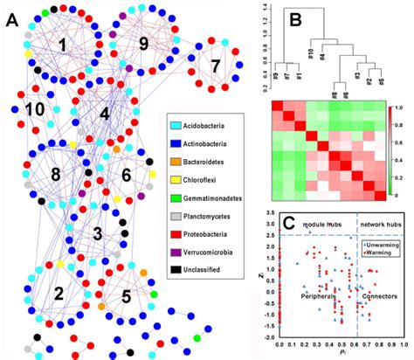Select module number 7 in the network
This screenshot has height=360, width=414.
pos(215,66)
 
